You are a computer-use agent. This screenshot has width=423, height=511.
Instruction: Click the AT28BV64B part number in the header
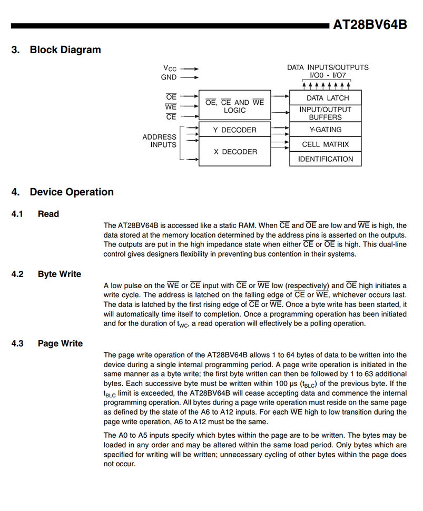tap(370, 25)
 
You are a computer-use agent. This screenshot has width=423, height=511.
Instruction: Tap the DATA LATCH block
tap(325, 98)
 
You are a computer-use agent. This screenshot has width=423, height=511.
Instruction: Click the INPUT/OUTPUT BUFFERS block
tap(325, 113)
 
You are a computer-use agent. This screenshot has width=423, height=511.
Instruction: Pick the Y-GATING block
tap(325, 130)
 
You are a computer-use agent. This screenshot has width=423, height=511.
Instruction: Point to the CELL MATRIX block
tap(325, 144)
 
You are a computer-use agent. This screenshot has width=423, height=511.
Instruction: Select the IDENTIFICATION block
tap(325, 159)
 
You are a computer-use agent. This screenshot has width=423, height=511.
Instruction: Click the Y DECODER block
tap(234, 130)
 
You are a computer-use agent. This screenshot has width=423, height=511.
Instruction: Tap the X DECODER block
tap(235, 152)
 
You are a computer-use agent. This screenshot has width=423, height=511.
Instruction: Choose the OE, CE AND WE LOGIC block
tap(234, 106)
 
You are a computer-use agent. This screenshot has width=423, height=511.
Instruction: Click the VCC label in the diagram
tap(170, 68)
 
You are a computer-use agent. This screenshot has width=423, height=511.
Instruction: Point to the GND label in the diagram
tap(169, 77)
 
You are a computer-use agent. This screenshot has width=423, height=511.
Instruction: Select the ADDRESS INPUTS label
tap(160, 141)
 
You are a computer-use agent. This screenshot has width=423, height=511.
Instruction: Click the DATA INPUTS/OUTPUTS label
tap(328, 67)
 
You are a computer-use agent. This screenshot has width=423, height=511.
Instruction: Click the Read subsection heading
tap(48, 214)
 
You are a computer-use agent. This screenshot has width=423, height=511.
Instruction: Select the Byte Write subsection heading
tap(59, 274)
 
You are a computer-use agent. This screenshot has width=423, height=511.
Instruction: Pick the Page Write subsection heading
tap(60, 344)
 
